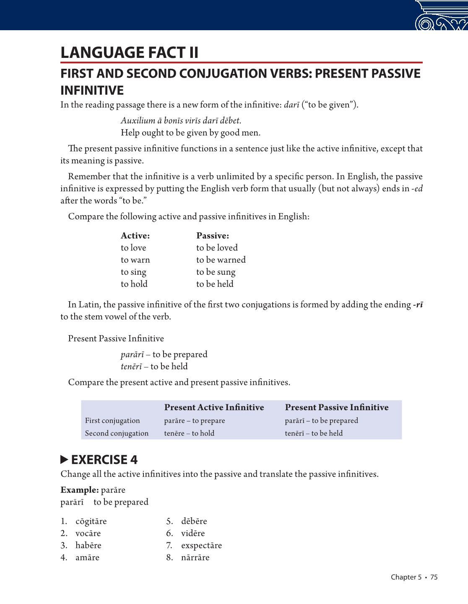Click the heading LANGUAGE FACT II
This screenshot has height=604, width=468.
click(129, 53)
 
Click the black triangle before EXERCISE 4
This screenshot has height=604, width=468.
click(64, 460)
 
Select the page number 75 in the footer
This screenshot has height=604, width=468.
click(434, 577)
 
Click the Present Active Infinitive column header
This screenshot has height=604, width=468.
click(214, 407)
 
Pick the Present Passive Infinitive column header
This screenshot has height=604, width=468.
click(336, 407)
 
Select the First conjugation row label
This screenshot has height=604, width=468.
click(112, 421)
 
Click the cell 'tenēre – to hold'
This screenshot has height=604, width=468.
click(189, 433)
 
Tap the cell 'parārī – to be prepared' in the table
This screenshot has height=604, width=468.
click(321, 421)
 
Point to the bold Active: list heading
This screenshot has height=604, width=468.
click(135, 236)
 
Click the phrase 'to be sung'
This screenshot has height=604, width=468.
click(216, 272)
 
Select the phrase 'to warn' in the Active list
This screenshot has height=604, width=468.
click(135, 260)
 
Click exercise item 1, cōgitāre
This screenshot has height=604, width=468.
click(91, 521)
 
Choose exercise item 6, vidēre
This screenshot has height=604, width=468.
click(193, 534)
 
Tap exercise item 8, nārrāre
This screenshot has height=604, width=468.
click(195, 558)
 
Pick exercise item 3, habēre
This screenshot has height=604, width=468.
click(88, 546)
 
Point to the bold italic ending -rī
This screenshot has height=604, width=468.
click(418, 305)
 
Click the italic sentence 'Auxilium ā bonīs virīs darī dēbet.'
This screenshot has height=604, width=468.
click(181, 121)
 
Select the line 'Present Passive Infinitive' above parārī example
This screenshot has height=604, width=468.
click(116, 338)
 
